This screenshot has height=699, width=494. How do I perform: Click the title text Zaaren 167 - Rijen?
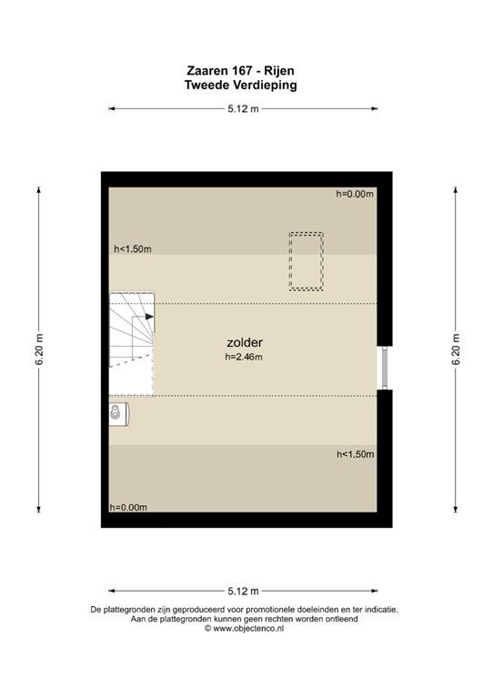[x=240, y=70]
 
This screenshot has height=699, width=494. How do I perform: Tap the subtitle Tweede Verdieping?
[x=240, y=85]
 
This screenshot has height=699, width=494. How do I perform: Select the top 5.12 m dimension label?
[x=243, y=108]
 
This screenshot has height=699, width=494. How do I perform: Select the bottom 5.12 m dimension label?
[x=243, y=591]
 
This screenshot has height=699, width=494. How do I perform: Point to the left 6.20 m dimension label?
[x=39, y=349]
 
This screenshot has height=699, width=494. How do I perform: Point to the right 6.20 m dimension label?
[x=456, y=349]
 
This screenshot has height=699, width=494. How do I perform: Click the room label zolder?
[x=245, y=342]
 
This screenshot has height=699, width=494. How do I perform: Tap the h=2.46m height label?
[x=244, y=357]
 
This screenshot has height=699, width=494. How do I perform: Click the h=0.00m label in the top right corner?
[x=355, y=194]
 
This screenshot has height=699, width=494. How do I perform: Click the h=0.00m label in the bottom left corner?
[x=128, y=507]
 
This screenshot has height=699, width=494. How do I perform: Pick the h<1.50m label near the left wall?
[x=133, y=249]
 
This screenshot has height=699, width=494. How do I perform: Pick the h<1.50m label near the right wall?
[x=356, y=454]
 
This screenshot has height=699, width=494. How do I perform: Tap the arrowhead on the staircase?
[x=150, y=317]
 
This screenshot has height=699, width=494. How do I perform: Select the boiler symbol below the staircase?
[x=119, y=414]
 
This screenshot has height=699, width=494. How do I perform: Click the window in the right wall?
[x=385, y=368]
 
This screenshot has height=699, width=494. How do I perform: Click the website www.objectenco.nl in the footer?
[x=244, y=629]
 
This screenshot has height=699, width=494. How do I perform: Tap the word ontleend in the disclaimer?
[x=342, y=619]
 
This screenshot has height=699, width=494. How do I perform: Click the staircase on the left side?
[x=132, y=344]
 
